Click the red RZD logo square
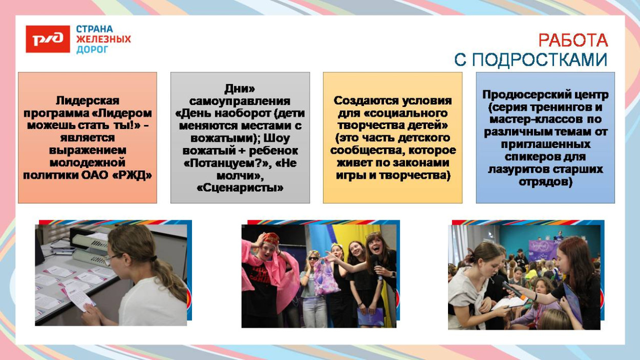point(48,39)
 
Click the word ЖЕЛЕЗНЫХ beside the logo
point(103,39)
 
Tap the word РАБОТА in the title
point(573,40)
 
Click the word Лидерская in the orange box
point(88,101)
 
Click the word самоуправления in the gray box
point(240,101)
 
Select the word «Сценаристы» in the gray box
point(240,188)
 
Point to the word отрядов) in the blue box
point(545,182)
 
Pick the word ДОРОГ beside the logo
point(92,50)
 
